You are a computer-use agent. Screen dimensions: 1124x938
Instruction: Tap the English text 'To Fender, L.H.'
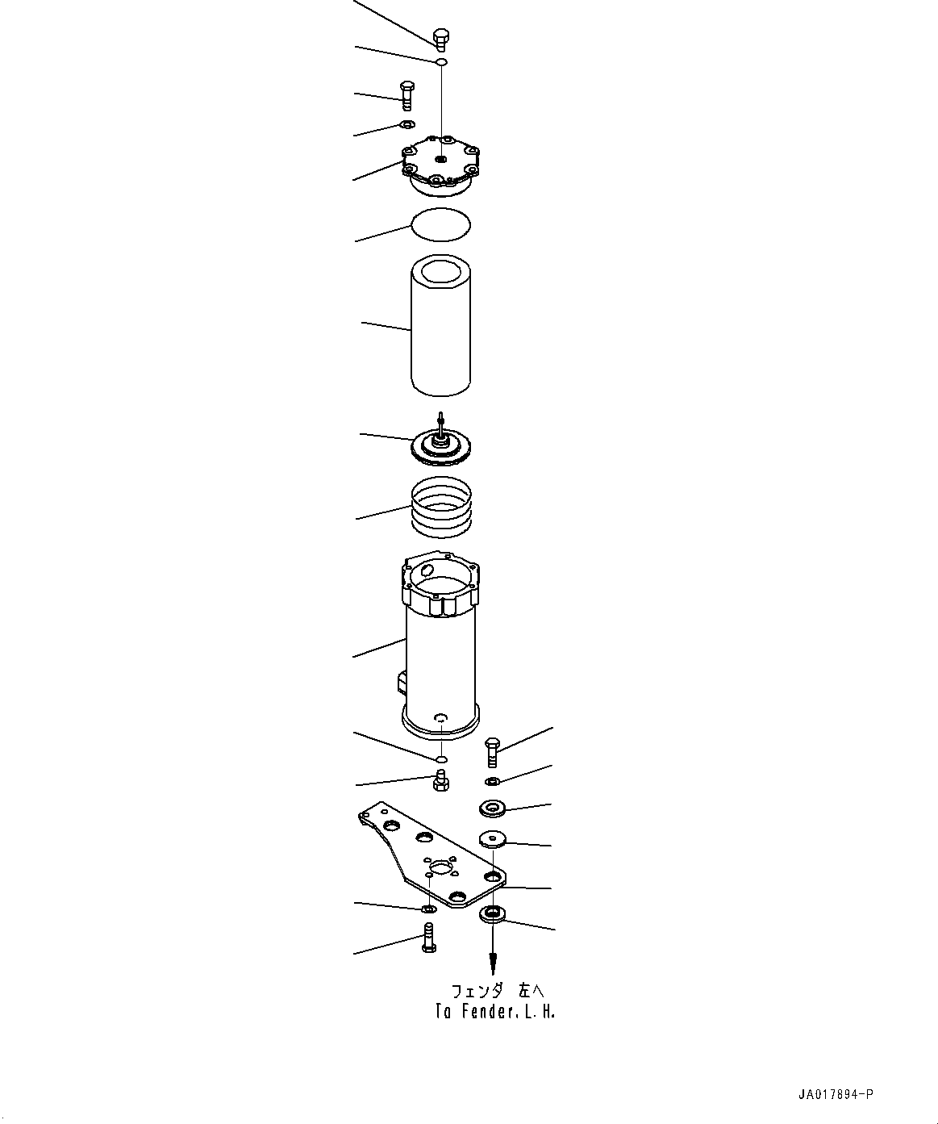coord(494,1012)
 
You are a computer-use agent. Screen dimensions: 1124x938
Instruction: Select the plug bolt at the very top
coord(440,39)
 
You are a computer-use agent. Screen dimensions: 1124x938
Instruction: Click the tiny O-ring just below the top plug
coord(441,62)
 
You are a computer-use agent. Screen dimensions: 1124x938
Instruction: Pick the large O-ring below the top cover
coord(440,224)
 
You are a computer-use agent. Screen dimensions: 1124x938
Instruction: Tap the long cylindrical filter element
coord(440,327)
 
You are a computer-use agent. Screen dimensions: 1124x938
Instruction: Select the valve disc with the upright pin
coord(440,445)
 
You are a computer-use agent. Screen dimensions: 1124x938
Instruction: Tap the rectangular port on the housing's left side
coord(401,684)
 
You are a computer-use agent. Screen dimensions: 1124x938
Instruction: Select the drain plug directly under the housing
coord(440,780)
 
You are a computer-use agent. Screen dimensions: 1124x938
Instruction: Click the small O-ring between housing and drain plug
coord(440,758)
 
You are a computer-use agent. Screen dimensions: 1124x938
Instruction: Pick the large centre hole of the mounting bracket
coord(441,868)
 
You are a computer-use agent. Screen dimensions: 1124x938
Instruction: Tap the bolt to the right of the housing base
coord(492,752)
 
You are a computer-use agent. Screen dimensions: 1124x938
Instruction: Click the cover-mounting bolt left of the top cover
coord(406,96)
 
